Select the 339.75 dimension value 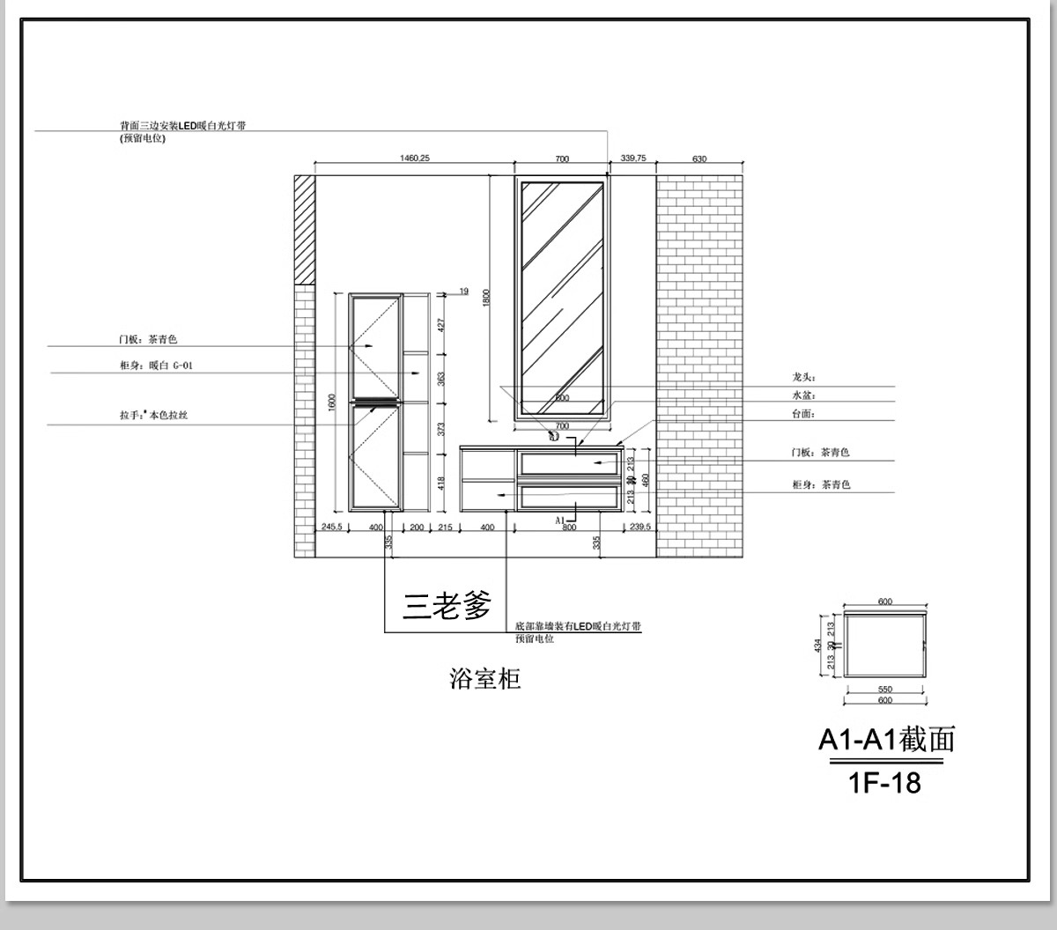[633, 159]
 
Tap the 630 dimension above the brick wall [699, 159]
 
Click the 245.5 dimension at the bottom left [331, 527]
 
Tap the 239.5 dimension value [640, 527]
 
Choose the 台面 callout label [803, 414]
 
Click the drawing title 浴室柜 [485, 678]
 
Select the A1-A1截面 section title [886, 740]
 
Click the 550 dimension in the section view [885, 690]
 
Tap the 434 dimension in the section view [818, 646]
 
